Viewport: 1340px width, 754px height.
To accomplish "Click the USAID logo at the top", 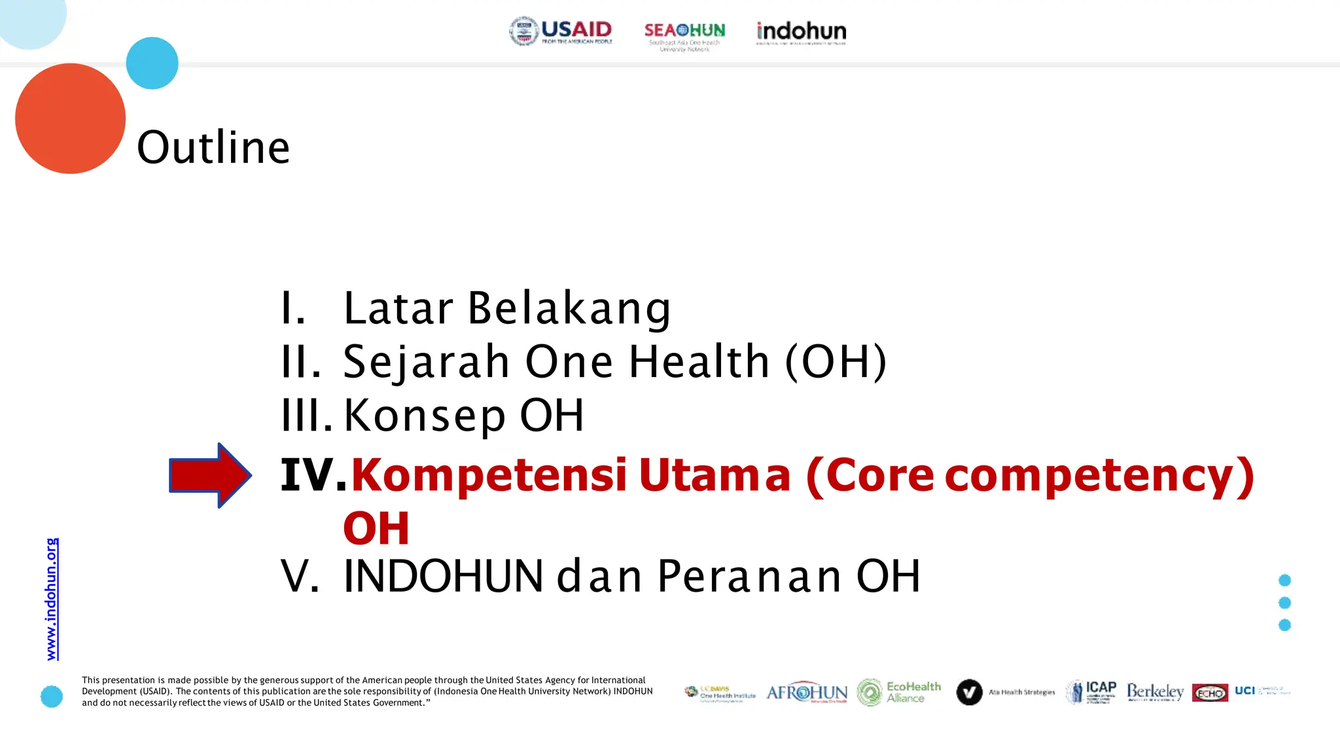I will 561,31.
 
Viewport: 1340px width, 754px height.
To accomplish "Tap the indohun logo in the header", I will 801,32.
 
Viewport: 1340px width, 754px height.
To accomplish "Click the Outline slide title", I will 213,147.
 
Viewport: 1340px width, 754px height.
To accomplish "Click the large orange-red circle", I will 70,118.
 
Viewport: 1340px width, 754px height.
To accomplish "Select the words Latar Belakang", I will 507,308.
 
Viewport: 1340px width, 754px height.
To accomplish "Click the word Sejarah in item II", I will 426,361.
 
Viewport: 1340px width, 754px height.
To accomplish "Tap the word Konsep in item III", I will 425,415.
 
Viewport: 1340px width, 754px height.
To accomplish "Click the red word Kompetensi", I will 489,475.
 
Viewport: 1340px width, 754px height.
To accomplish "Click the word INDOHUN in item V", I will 443,577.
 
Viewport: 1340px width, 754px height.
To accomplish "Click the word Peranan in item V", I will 749,577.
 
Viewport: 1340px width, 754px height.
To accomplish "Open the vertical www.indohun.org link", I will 52,599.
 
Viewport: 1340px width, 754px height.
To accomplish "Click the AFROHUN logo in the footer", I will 806,692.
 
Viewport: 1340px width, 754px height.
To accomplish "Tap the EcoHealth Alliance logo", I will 899,692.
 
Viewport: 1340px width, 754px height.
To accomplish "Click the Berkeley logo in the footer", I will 1155,692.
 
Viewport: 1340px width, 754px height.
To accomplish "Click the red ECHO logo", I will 1210,692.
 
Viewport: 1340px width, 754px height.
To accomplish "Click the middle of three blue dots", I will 1284,603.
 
